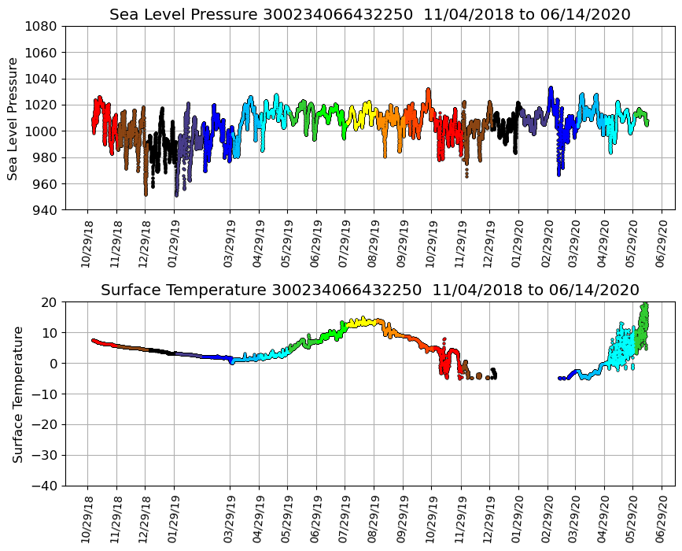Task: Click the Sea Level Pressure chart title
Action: coord(370,15)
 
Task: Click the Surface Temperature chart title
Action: coord(370,290)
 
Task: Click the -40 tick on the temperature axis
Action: coord(46,486)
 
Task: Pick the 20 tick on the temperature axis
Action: coord(51,302)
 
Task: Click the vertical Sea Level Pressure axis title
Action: coord(13,118)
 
